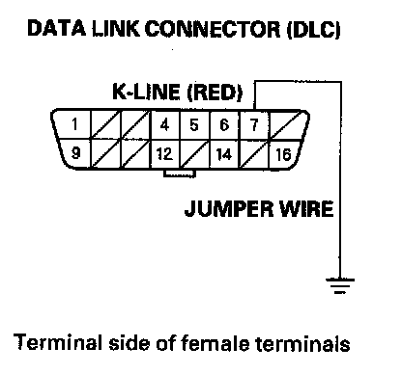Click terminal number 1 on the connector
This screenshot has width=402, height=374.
point(74,124)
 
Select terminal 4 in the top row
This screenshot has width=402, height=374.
point(164,124)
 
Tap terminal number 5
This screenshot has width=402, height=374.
point(194,124)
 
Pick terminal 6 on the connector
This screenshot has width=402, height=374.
point(224,124)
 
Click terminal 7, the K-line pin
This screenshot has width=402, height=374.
point(254,124)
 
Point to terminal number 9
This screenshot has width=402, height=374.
point(75,152)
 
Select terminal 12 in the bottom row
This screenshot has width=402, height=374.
point(164,154)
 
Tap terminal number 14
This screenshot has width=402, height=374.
point(223,154)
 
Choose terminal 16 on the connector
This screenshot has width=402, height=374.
point(283,154)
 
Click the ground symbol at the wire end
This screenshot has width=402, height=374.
point(340,285)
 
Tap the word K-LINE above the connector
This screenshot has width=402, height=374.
point(146,92)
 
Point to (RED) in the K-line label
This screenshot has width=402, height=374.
point(215,93)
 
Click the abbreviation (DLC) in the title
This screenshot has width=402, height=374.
point(313,30)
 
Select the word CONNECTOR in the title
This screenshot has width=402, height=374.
point(213,29)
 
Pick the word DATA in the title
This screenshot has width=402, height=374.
point(57,28)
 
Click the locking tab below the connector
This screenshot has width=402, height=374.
point(180,174)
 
